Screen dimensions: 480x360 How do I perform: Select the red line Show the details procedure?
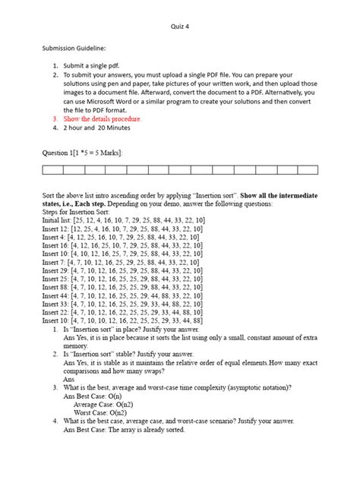(102, 119)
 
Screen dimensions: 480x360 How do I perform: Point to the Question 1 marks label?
(83, 153)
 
